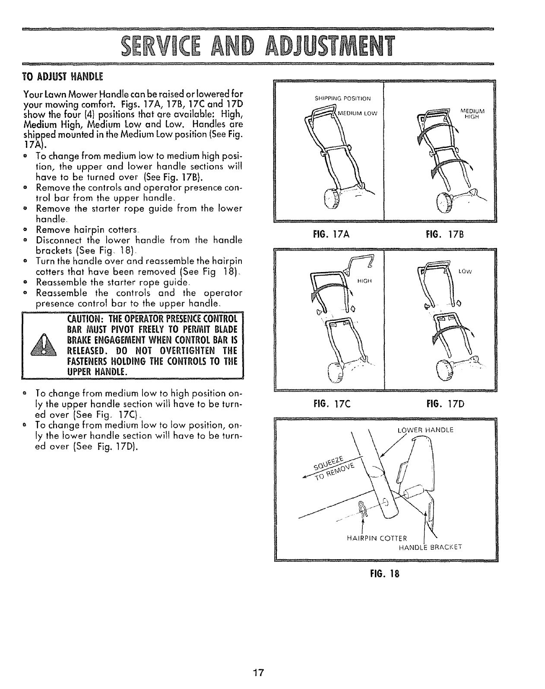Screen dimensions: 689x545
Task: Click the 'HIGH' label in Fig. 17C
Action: pyautogui.click(x=363, y=281)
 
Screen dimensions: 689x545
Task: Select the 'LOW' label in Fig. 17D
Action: pyautogui.click(x=466, y=272)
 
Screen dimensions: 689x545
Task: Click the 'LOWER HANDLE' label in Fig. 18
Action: pyautogui.click(x=425, y=430)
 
